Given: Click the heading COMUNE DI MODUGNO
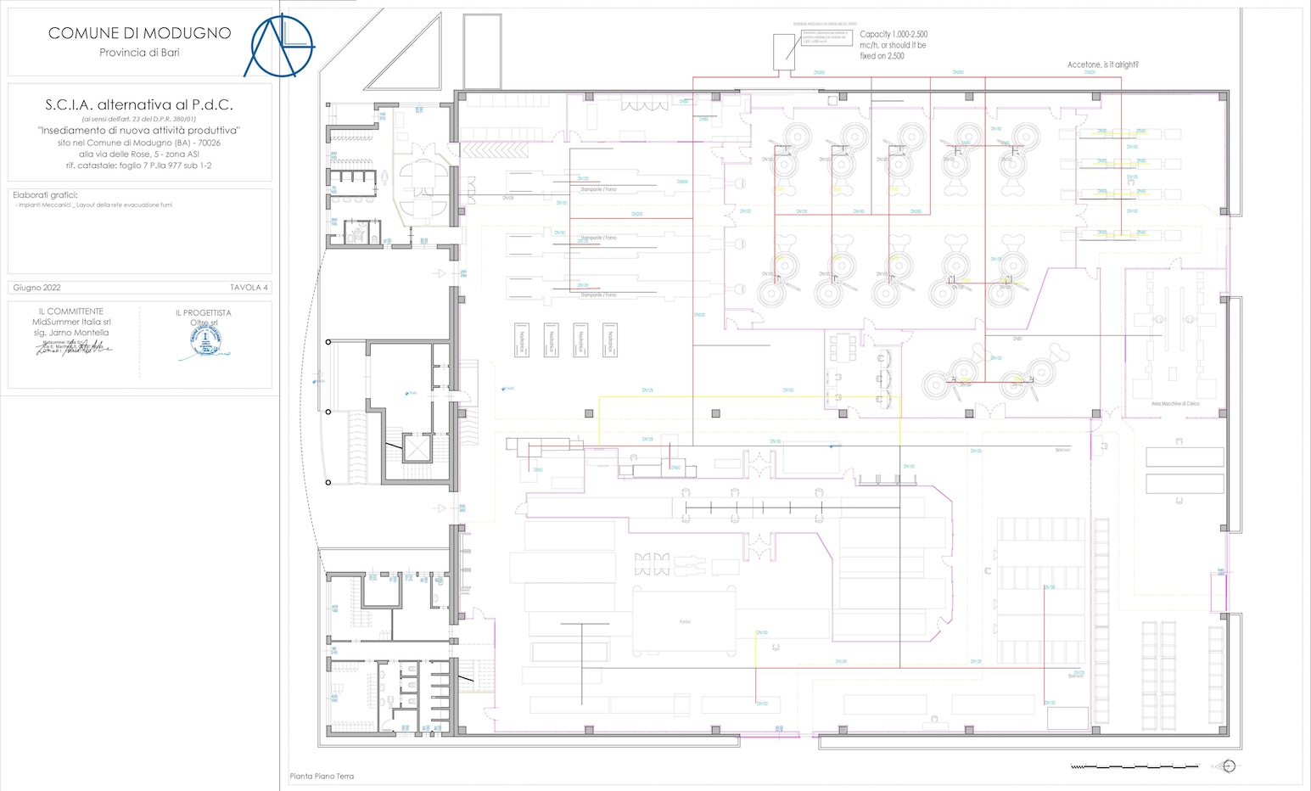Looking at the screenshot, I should coord(139,33).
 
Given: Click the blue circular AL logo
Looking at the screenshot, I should coord(279,44).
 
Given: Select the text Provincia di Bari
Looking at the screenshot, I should coord(139,53).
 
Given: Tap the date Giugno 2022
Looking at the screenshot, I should coord(36,288).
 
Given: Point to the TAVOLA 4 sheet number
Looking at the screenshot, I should coord(249,288).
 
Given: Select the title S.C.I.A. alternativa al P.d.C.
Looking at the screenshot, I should coord(139,105).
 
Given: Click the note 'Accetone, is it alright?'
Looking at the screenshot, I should coord(1102,65).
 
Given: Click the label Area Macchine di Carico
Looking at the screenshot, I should coord(1174,404).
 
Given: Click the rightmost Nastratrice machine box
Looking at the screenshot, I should coord(608,339).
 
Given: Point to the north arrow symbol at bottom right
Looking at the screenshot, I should coord(1227,766).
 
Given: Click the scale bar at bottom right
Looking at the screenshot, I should coord(1135,766).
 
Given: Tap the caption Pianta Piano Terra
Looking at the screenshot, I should coord(322,777).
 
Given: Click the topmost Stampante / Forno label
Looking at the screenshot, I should coord(598,189).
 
